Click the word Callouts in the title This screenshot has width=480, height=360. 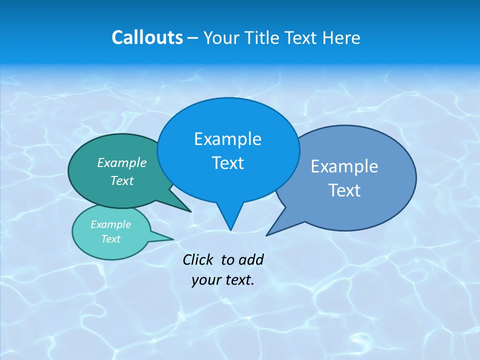point(147,37)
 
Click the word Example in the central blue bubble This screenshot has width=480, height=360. point(227,139)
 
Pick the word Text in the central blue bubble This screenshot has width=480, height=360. point(227,163)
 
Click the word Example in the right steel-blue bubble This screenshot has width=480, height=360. point(344,166)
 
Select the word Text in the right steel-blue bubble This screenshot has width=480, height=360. point(344,190)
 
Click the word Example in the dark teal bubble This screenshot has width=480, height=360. point(122,162)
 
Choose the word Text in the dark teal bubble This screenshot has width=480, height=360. point(122,180)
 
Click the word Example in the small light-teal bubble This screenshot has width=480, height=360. point(110,224)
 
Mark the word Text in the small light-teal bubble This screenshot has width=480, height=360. point(110,239)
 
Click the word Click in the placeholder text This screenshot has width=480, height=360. point(199,259)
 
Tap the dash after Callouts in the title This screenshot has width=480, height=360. point(193,38)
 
